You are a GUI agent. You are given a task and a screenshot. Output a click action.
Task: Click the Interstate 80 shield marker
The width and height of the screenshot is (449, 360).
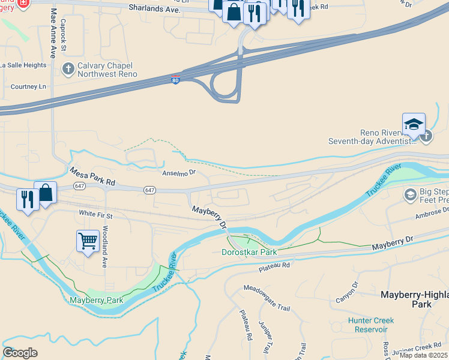point(175,80)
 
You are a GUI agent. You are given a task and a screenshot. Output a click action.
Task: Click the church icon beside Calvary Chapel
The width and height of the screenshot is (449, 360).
point(68,69)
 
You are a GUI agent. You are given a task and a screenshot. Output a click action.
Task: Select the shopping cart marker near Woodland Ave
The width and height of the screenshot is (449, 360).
point(88,241)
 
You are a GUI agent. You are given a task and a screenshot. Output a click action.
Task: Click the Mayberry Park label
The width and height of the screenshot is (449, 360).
point(96,300)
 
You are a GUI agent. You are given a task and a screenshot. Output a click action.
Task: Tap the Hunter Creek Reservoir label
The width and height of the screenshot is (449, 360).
point(370,325)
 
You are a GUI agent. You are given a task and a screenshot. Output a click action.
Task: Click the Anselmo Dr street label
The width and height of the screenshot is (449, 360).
point(179,172)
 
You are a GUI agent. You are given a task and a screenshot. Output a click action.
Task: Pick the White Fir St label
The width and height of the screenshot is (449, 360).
point(95,213)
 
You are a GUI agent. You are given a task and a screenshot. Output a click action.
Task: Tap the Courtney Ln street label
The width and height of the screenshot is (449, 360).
point(28,86)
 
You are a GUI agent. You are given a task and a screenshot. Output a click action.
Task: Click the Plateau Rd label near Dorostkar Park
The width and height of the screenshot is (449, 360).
point(274,265)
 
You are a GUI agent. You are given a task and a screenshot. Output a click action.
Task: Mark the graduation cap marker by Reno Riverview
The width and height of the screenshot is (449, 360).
point(414,125)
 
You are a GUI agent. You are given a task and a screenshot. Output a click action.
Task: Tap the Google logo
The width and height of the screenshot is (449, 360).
point(20,353)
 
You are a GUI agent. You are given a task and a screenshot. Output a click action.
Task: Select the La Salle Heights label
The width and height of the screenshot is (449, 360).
point(23,65)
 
